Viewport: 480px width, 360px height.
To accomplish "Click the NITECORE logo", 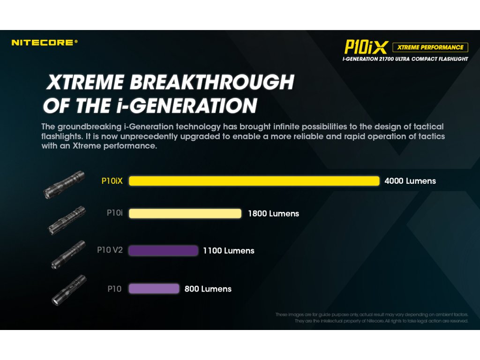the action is point(45,43).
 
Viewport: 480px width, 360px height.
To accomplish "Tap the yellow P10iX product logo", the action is point(366,47).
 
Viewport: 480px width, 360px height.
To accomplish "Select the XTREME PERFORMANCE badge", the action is point(430,47).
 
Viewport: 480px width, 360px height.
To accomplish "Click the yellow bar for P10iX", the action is point(254,181).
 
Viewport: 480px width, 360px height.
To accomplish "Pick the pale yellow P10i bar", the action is point(185,213).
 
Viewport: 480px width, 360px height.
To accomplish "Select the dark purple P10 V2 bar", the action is point(164,250).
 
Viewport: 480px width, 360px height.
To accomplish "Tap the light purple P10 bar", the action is point(154,289).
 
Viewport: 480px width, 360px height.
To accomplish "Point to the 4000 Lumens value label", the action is point(410,181).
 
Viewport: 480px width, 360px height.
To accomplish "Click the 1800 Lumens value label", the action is point(273,214).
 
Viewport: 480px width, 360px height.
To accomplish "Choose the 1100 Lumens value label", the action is point(229,251).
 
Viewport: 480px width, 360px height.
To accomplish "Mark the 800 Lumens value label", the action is point(208,289).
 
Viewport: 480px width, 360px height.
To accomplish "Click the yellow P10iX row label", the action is point(112,181).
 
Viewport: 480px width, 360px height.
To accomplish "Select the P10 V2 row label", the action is point(110,250).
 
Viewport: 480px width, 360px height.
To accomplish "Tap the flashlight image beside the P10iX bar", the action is point(64,185).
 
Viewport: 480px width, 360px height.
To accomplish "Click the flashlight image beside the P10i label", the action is point(67,220).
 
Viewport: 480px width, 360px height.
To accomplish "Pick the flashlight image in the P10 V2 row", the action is point(68,255).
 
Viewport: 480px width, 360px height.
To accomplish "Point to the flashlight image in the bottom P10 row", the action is point(69,290).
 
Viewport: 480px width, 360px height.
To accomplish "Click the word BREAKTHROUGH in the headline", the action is point(212,82).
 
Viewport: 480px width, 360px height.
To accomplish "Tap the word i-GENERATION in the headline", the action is point(187,106).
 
